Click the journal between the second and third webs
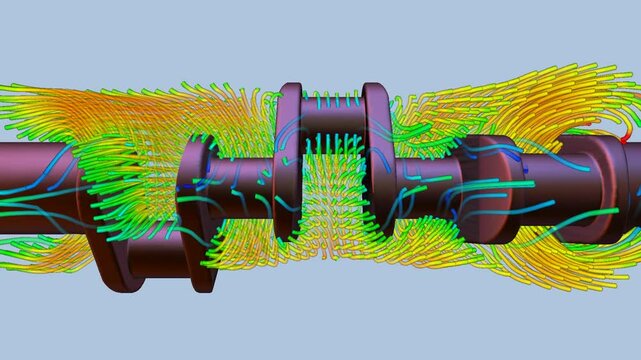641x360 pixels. (240, 185)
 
